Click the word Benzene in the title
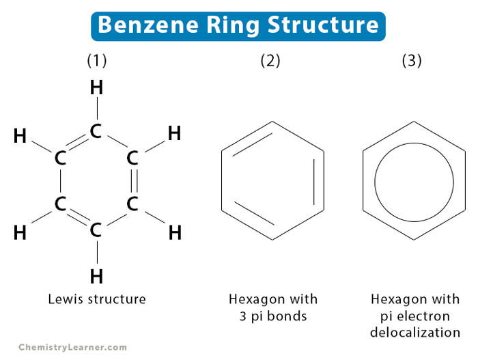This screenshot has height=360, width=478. coord(140,25)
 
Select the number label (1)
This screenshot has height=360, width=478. coord(97,61)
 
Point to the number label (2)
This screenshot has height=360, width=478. coord(270,61)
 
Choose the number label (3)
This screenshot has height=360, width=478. coord(412,61)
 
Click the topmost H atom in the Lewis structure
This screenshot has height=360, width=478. coord(97,88)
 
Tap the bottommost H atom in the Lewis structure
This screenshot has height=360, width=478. coord(97,277)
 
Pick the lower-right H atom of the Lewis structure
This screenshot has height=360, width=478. coord(175,233)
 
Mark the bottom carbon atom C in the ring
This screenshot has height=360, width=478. coord(96,230)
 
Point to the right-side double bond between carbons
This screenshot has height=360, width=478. coord(133,181)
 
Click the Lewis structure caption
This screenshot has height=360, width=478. coord(97,299)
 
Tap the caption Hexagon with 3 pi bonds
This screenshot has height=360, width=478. coord(272,307)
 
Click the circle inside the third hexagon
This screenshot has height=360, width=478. coord(413,181)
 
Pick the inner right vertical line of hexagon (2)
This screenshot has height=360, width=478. coord(314,181)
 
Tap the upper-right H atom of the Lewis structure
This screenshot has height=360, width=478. coord(174,133)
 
